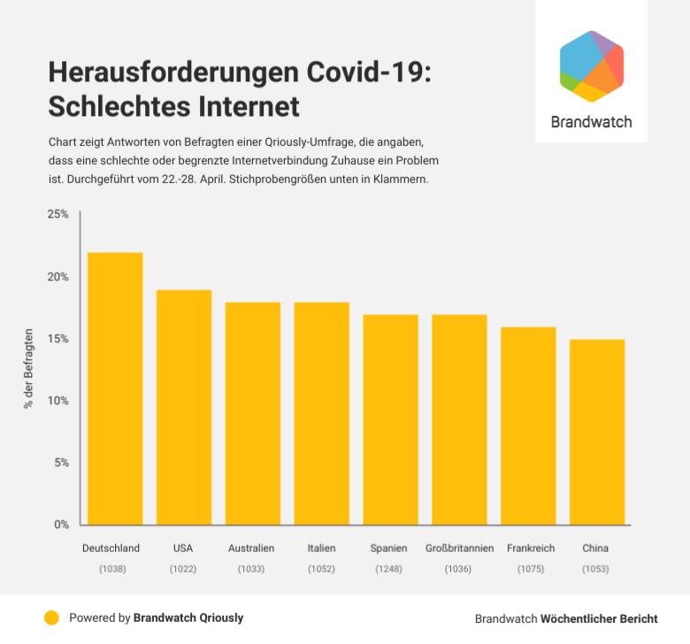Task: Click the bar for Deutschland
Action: pos(115,388)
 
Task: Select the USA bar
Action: pos(184,407)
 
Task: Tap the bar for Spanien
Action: pos(390,419)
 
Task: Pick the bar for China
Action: pos(597,432)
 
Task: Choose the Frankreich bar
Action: pos(528,425)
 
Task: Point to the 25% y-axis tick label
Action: pos(57,215)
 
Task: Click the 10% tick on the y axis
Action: pos(57,401)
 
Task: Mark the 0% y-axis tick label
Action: pos(61,525)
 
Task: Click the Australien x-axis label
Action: pos(251,548)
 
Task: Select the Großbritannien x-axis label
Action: pos(459,548)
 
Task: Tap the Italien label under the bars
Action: pos(321,548)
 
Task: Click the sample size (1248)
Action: pos(389,569)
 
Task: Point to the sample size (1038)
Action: pos(112,569)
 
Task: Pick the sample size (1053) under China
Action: pos(595,569)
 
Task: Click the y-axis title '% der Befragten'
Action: pos(28,368)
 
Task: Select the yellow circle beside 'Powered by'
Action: pos(51,618)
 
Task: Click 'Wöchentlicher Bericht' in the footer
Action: pos(599,618)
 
